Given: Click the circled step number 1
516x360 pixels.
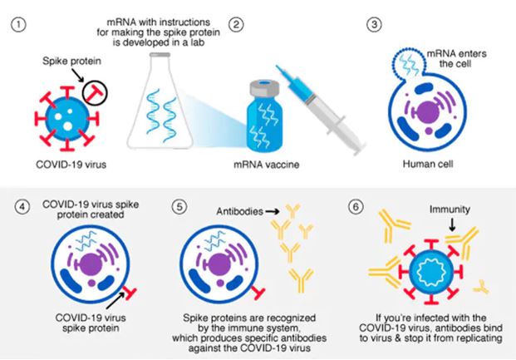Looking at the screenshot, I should click(16, 25).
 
